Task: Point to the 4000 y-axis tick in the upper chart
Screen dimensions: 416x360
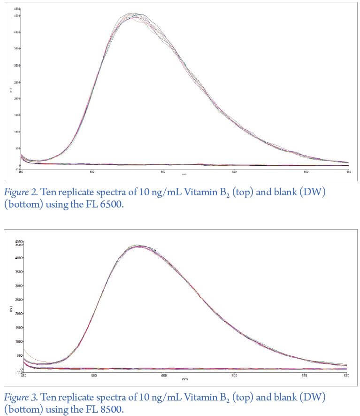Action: click(17, 32)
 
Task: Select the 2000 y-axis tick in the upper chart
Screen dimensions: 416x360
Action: click(17, 99)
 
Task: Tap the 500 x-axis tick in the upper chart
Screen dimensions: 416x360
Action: click(92, 172)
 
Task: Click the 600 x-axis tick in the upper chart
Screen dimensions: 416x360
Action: click(234, 172)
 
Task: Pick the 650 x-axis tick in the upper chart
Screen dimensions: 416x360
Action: click(306, 172)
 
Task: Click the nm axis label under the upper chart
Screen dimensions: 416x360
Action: click(184, 175)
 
